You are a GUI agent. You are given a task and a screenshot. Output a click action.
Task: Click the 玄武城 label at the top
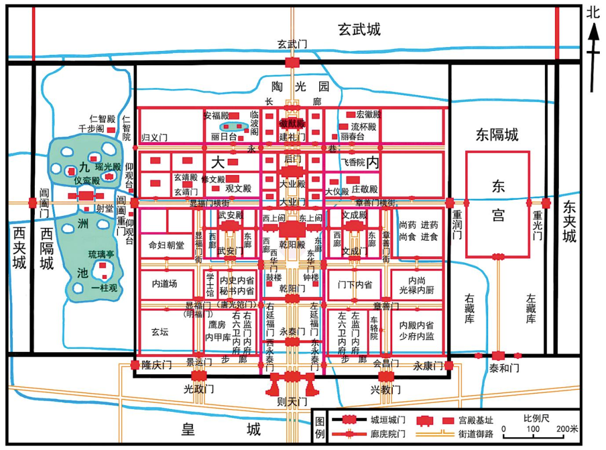pos(359,29)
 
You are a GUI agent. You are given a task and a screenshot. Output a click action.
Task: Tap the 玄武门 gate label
pos(292,44)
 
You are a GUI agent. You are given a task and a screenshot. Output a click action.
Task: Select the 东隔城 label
pos(497,135)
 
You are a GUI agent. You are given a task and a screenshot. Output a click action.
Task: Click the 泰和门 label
pos(498,368)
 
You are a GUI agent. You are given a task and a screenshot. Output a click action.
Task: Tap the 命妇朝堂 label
pos(167,246)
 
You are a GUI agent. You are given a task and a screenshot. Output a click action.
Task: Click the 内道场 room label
pos(164,284)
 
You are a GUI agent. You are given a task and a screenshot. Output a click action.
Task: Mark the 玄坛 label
pos(160,332)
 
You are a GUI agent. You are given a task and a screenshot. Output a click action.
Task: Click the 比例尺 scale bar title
pos(537,419)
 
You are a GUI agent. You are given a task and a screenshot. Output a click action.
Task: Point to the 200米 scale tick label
pos(567,429)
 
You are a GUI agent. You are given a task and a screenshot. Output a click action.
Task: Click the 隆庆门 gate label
pos(157,365)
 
